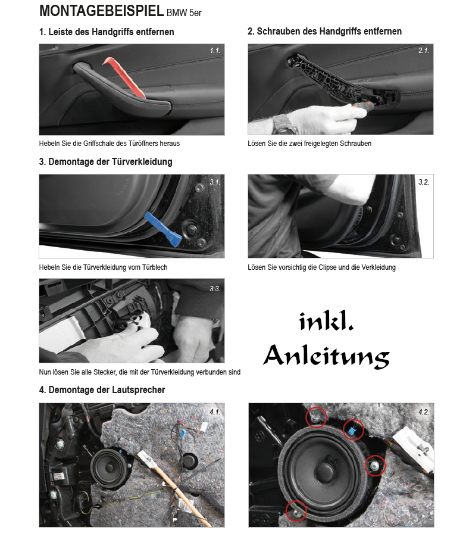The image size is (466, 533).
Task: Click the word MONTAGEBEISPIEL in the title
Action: tap(102, 11)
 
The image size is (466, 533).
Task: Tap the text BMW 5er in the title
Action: tap(184, 13)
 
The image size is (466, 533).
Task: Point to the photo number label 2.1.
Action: tap(424, 51)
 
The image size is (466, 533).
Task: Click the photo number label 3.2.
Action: tap(424, 182)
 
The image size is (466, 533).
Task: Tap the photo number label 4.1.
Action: tap(215, 412)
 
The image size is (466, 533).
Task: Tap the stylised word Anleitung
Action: tap(326, 356)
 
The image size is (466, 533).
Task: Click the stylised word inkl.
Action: tap(326, 321)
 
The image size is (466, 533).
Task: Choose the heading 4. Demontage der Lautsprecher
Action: tap(102, 389)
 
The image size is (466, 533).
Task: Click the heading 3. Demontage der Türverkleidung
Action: tap(105, 161)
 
